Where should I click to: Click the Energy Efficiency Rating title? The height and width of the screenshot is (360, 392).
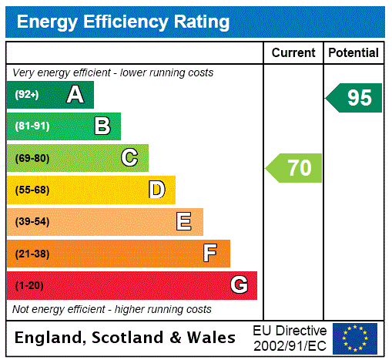point(123,22)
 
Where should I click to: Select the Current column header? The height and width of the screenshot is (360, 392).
point(293,52)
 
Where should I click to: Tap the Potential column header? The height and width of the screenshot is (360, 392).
point(353,52)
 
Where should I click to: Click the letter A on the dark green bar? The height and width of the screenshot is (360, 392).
point(75,95)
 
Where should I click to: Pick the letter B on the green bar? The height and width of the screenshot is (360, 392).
point(102,126)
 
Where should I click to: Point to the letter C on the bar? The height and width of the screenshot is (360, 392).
point(129,158)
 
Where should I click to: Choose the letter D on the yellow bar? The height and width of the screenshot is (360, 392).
point(156,190)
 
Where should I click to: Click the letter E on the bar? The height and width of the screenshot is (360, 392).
point(184,222)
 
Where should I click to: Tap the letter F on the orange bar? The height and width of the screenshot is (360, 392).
point(210,254)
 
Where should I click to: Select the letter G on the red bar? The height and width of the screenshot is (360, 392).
point(239,285)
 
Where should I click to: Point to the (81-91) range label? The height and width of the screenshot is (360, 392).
point(32,126)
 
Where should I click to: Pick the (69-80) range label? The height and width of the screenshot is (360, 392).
point(32,158)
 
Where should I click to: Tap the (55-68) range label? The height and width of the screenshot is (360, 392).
point(32,190)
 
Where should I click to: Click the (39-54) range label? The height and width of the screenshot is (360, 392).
point(32,222)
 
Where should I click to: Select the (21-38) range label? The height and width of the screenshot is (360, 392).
point(32,254)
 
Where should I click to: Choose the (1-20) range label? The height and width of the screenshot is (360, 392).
point(29,285)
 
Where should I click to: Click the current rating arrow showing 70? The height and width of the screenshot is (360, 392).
point(295,167)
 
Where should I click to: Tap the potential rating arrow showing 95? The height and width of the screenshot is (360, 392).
point(354,98)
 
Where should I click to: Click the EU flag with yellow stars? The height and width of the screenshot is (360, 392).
point(355,338)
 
